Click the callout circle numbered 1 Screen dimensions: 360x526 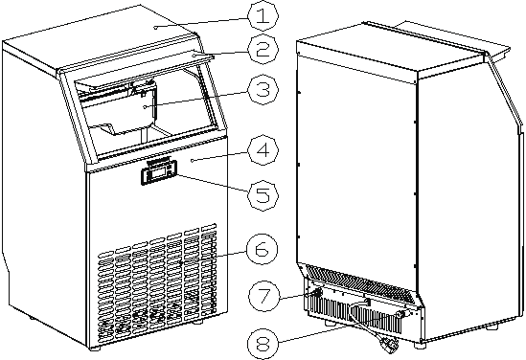(x=261, y=15)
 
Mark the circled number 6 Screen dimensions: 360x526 (x=261, y=251)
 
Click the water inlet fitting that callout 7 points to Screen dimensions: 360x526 (x=314, y=283)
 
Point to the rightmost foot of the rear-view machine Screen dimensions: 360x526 (x=491, y=326)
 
